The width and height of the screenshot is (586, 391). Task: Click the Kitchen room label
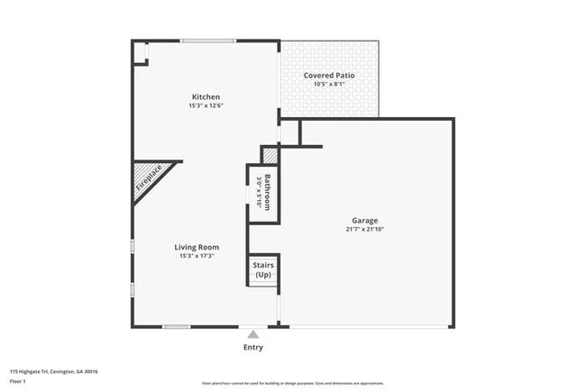[206, 97]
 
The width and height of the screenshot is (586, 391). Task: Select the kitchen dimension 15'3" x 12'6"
[206, 106]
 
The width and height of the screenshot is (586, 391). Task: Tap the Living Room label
[198, 247]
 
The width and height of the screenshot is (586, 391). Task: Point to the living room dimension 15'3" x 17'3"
[198, 256]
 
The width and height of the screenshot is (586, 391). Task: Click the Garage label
[364, 220]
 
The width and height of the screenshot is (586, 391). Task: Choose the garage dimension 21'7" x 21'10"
[364, 229]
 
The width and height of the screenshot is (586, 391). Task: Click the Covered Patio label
[329, 76]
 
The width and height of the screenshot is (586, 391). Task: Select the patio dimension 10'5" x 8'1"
[329, 85]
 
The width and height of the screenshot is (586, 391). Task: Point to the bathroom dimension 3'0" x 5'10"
[259, 191]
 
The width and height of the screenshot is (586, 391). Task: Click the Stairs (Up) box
[263, 269]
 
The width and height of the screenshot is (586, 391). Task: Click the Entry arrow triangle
[253, 333]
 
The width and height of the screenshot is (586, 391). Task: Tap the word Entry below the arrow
[253, 347]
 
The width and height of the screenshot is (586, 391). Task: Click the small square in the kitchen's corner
[141, 51]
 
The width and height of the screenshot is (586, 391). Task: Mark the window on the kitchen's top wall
[207, 41]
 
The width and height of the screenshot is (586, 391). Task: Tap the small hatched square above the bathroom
[268, 154]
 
